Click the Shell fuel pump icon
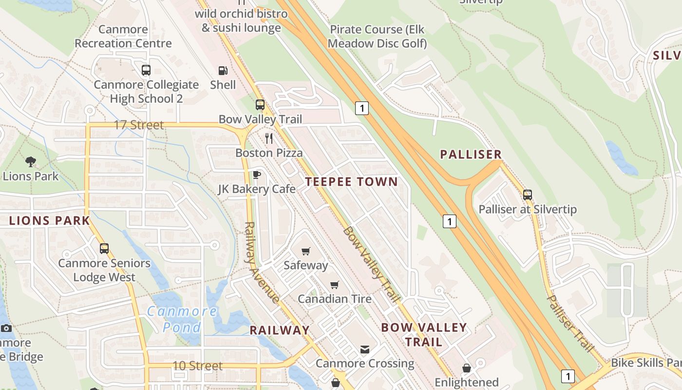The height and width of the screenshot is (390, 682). point(223,71)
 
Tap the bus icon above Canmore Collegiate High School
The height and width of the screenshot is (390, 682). point(146,70)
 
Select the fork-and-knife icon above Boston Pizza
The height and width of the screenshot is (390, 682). point(269,138)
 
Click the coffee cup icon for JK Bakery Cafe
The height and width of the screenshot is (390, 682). point(257,175)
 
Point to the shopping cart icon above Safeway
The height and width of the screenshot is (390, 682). point(305,251)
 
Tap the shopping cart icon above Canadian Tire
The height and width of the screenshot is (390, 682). point(334,285)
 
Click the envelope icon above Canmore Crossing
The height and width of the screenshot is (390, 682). point(364,349)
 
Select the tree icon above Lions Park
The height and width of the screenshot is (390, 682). point(30,162)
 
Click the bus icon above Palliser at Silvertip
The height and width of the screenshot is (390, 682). point(528,195)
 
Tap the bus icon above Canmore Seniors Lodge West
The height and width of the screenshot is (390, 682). point(104,249)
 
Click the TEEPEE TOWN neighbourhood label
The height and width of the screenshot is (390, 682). point(351,182)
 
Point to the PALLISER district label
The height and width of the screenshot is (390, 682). point(471,155)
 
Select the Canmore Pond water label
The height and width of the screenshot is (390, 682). point(182,319)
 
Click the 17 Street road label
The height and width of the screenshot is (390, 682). point(139,125)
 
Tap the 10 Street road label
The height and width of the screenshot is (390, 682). point(197,366)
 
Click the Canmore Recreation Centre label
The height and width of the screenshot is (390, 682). point(123,37)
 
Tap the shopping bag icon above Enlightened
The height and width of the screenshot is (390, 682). point(466,368)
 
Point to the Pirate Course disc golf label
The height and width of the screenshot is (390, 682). point(377,37)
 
